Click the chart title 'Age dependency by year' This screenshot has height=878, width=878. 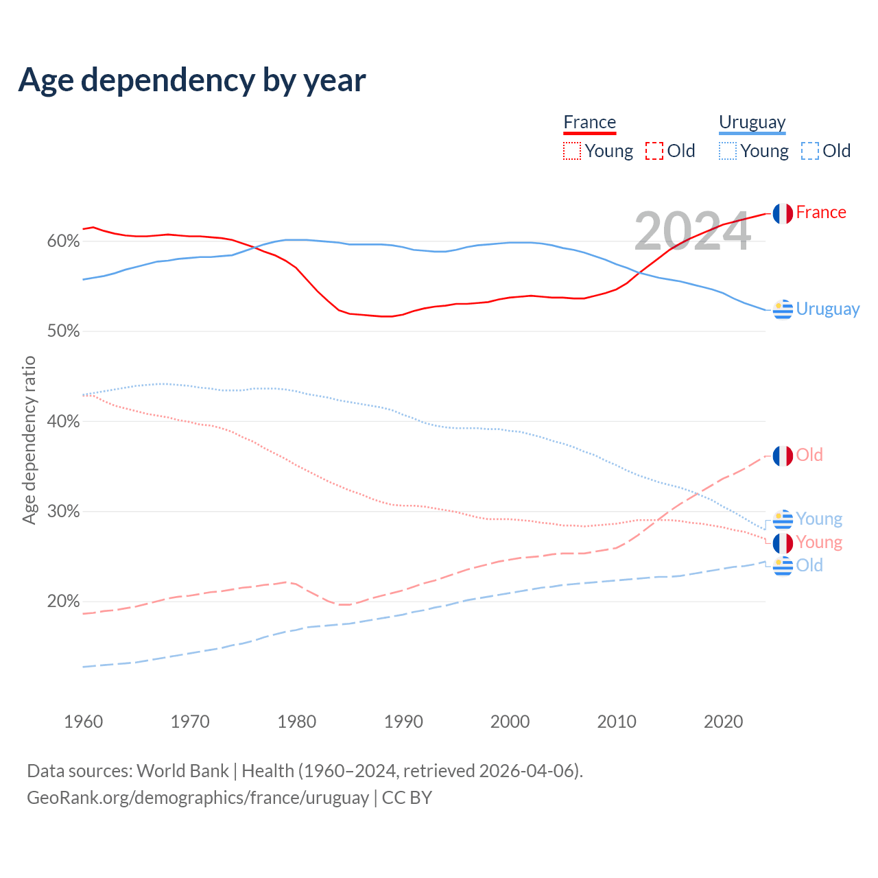[192, 80]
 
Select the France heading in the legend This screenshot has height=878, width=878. [589, 122]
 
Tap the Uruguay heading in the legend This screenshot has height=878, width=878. [752, 122]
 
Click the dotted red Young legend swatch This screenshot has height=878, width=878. [571, 151]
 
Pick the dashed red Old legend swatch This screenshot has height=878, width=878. [654, 151]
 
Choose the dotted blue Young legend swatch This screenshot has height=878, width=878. [727, 151]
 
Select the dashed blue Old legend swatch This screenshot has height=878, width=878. [810, 151]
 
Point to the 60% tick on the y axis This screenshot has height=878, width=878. [63, 241]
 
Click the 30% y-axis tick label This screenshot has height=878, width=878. [63, 512]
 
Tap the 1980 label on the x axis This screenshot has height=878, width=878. [297, 722]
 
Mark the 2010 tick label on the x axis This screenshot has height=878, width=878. [617, 722]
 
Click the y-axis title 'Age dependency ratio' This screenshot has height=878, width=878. [29, 440]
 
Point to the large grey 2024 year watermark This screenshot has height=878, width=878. [692, 232]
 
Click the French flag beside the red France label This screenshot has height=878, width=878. [783, 213]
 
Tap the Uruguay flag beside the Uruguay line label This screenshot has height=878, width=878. [783, 310]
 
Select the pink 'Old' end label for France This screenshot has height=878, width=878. [809, 455]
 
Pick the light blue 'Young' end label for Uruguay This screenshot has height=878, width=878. [819, 519]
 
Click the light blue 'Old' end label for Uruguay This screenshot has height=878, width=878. [809, 565]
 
